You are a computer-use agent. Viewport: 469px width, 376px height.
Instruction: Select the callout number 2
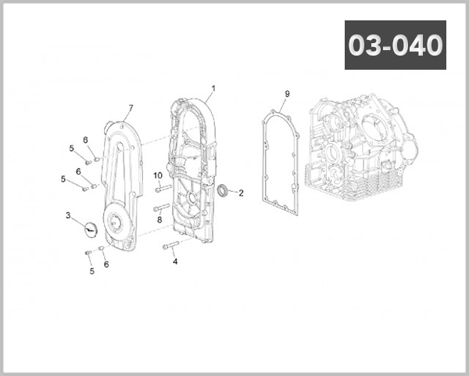click(x=241, y=193)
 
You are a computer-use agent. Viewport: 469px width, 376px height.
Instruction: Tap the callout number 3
click(x=68, y=215)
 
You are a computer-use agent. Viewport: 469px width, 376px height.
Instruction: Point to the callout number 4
click(x=175, y=262)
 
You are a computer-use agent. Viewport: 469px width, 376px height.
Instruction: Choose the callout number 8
click(x=159, y=220)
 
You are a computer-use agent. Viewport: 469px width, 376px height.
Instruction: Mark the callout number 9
click(x=287, y=94)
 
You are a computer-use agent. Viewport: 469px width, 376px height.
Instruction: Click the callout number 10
click(x=157, y=175)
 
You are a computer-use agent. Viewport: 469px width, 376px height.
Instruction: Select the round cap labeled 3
click(x=89, y=228)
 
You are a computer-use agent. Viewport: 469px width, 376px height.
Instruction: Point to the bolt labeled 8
click(x=162, y=208)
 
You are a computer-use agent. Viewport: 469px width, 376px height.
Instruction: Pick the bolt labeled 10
click(x=162, y=188)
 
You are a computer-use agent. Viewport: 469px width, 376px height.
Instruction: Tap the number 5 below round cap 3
click(x=91, y=271)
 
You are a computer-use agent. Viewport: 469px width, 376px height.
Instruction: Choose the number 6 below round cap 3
click(x=106, y=264)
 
